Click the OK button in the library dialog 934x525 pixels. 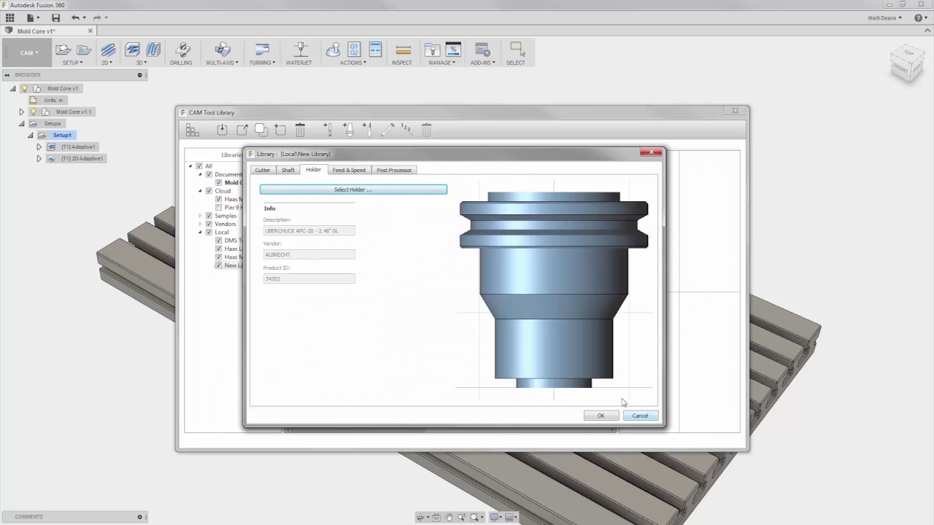tap(601, 416)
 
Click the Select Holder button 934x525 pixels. tap(353, 190)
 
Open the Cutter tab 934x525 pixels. tap(262, 170)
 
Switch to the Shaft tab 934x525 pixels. tap(288, 170)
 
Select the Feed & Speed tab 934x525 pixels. tap(349, 170)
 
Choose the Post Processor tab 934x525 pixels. tap(394, 170)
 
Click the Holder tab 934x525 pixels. tap(313, 170)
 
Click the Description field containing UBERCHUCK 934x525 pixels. tap(309, 230)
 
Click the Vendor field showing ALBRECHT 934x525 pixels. tap(309, 254)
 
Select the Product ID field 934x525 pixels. tap(309, 279)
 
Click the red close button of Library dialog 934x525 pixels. tap(650, 152)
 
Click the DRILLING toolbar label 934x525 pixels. tap(181, 63)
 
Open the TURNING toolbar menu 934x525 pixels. tap(261, 63)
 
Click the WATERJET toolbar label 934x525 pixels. tap(298, 63)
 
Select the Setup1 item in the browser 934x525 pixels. tap(62, 135)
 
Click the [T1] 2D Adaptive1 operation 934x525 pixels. tap(82, 158)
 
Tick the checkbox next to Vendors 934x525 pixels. tap(209, 224)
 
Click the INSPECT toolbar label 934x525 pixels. tap(402, 63)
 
